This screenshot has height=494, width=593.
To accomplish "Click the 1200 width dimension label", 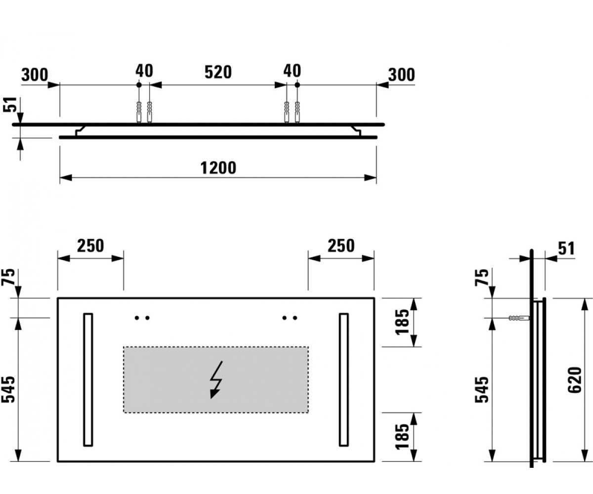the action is pos(218,168).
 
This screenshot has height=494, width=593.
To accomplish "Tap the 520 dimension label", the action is pos(218,73).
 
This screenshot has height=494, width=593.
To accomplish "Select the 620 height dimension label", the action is pos(575,380).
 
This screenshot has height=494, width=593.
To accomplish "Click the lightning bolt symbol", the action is pos(216,380).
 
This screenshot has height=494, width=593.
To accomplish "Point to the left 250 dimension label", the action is pos(90,246).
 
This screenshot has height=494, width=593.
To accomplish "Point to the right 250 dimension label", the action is pos(341,246).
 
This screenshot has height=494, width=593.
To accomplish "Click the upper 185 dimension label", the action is pos(402,322).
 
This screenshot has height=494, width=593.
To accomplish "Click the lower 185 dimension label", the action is pos(402,437).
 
